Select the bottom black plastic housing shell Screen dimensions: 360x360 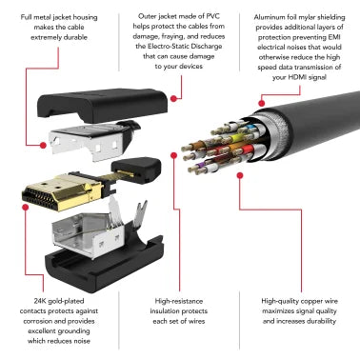pos(105,265)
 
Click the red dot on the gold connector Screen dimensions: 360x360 pos(26,208)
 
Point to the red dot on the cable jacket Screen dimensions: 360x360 pos(262,103)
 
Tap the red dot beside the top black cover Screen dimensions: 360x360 pos(173,98)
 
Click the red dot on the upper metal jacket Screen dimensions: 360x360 pos(43,146)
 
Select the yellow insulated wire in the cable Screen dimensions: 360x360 pos(235,138)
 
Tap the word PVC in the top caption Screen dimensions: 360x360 pos(212,16)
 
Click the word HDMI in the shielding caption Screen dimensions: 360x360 pos(297,77)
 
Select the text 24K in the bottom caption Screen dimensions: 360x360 pos(40,301)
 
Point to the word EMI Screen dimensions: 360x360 pos(334,37)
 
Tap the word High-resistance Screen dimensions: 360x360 pos(179,301)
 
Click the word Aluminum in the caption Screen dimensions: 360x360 pos(269,17)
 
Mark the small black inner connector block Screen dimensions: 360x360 pos(136,170)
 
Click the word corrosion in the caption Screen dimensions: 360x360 pos(37,321)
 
